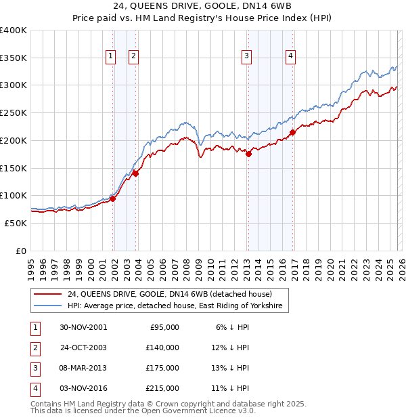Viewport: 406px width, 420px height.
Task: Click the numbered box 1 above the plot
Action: tap(110, 56)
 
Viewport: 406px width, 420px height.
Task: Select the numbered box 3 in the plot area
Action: tap(247, 56)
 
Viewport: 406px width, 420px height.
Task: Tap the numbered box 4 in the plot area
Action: tap(290, 56)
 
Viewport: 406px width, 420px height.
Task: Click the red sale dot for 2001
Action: tap(113, 198)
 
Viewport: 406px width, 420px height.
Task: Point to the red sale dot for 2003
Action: tap(135, 173)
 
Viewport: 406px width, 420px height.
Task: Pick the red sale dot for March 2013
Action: tap(248, 154)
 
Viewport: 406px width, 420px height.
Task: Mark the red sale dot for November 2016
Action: tap(292, 132)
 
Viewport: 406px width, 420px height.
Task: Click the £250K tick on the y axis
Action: tap(14, 112)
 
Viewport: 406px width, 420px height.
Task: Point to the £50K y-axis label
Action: tap(16, 223)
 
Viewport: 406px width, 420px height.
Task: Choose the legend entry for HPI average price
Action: tap(178, 307)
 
